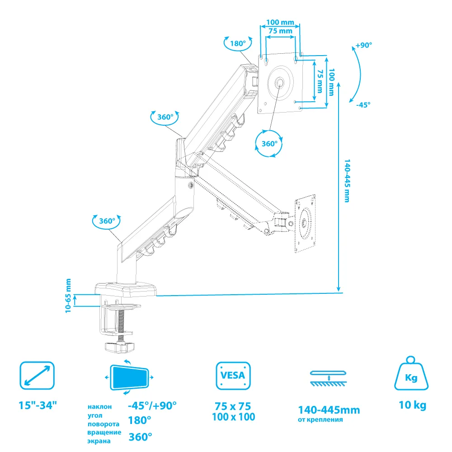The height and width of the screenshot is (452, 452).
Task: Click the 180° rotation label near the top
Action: click(x=238, y=43)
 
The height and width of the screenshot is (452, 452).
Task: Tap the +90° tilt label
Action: click(x=363, y=45)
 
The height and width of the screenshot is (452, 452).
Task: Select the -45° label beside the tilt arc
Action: click(x=363, y=105)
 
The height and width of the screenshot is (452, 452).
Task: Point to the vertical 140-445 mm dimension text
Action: click(x=347, y=181)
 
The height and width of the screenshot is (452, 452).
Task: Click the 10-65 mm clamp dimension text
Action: click(x=68, y=296)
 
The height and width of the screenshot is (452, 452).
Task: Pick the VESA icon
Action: click(x=233, y=376)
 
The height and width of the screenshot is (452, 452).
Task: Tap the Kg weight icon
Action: click(x=411, y=373)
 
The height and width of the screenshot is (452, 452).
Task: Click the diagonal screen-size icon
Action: click(x=37, y=376)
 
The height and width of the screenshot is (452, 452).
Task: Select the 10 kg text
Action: click(x=413, y=405)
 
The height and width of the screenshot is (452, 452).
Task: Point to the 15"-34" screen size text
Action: click(x=38, y=405)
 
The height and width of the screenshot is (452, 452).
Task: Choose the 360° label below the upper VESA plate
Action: click(x=269, y=144)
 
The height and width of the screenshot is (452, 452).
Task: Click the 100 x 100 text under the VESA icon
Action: click(x=234, y=417)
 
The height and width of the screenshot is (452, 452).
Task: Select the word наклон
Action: click(x=100, y=407)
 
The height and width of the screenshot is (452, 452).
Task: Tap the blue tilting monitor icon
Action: click(x=129, y=377)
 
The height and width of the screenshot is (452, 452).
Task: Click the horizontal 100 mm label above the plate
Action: click(x=280, y=22)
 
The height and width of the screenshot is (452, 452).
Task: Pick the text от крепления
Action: click(x=320, y=420)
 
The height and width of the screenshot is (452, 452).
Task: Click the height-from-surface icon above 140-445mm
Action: click(x=329, y=378)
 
